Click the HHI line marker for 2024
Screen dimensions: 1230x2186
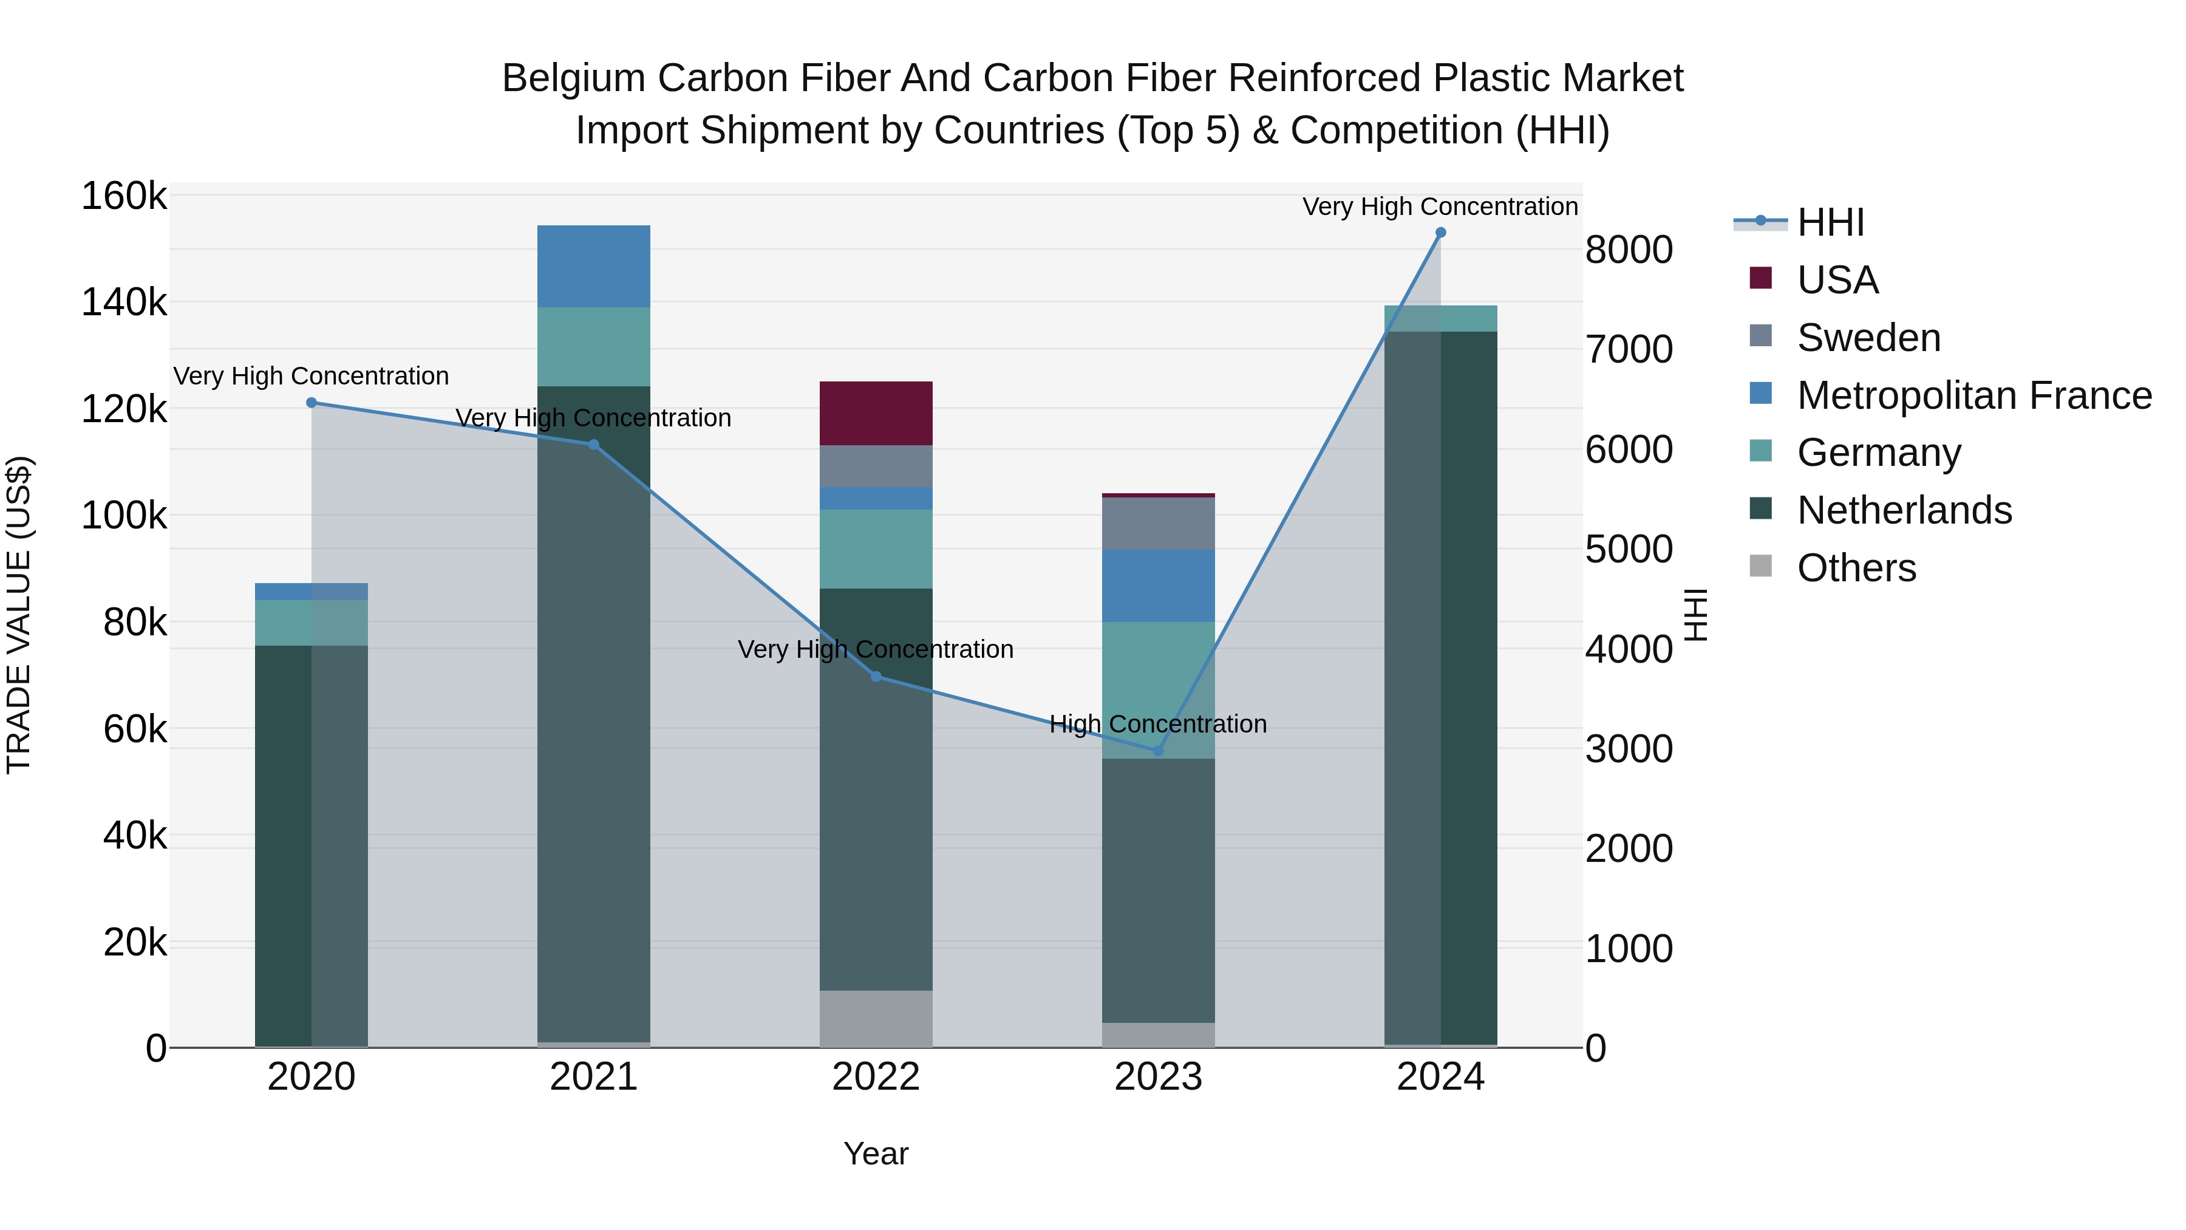(x=1440, y=233)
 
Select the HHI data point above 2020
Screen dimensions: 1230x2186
(x=312, y=403)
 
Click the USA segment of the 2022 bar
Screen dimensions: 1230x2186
(x=876, y=414)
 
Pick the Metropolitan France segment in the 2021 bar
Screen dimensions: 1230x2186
(x=594, y=267)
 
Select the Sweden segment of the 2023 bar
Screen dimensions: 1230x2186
(x=1159, y=524)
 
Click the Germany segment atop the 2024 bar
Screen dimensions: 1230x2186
(x=1440, y=318)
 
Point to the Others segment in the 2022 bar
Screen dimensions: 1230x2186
(x=876, y=1018)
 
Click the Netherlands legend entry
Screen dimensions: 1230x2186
(x=1904, y=511)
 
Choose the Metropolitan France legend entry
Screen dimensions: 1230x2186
(x=1974, y=395)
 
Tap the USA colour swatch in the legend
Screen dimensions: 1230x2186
(x=1761, y=278)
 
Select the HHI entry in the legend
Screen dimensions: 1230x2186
(x=1830, y=222)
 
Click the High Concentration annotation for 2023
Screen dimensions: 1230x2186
(x=1159, y=724)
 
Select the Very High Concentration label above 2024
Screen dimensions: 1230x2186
(x=1440, y=207)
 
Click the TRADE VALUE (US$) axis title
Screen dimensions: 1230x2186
(x=19, y=615)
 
